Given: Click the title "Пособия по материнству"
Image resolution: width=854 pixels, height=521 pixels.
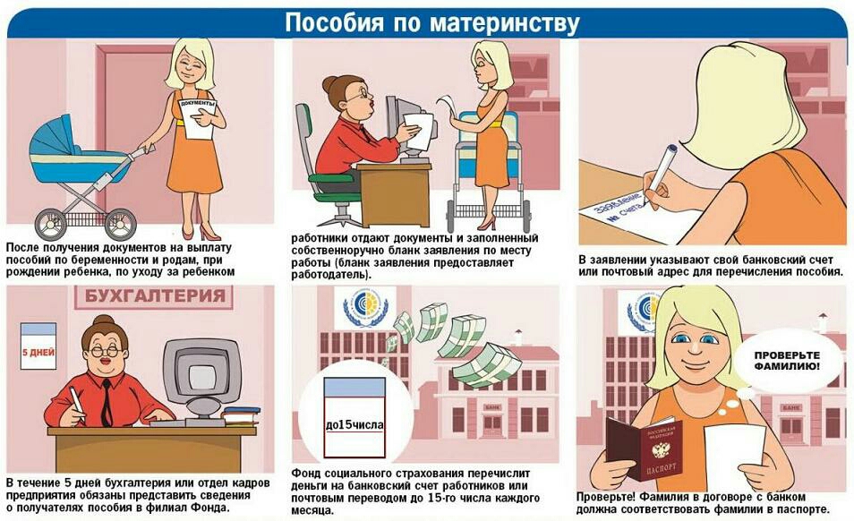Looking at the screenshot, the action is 431,23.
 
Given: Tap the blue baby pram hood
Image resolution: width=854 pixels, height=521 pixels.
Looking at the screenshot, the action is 53,140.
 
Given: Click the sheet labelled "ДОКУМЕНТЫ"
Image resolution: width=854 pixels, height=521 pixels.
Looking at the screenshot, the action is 197,118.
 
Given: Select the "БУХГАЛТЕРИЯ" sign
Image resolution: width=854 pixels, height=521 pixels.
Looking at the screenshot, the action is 154,296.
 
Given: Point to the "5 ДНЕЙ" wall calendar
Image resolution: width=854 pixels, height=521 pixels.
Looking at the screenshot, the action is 38,346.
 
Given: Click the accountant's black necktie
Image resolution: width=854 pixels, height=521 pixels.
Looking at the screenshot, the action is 107,402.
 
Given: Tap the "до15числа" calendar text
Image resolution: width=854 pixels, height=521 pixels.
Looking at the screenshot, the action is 354,424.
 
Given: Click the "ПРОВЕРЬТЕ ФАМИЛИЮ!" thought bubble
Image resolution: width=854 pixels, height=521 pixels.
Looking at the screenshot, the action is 787,361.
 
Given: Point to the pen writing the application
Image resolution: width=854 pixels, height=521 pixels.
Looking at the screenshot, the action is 662,173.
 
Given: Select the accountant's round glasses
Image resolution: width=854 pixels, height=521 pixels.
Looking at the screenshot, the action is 105,351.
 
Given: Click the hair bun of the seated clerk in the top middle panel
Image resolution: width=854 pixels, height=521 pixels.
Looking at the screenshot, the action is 329,84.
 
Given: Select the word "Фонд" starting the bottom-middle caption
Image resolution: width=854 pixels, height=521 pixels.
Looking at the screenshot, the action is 305,473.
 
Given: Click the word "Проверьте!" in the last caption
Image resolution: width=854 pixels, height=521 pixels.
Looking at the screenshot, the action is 606,497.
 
